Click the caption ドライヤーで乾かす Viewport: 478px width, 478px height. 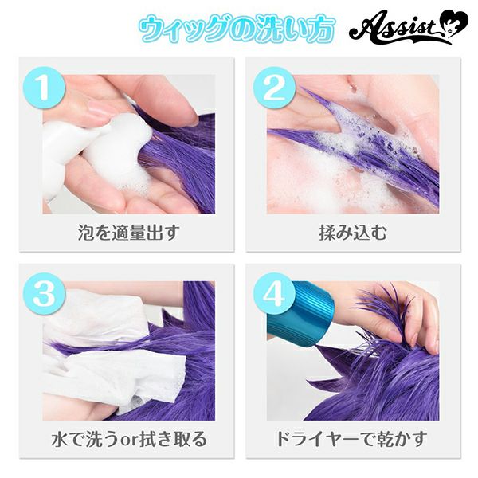point(352,439)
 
